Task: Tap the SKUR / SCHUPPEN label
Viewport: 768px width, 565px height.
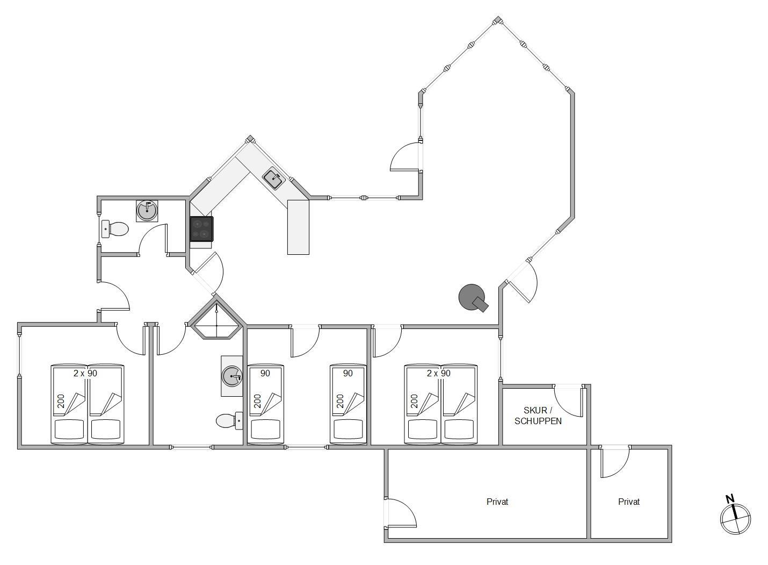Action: point(538,416)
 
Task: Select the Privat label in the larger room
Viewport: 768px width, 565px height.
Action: point(497,502)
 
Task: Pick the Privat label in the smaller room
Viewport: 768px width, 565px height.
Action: point(629,502)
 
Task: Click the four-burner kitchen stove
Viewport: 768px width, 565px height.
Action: point(201,229)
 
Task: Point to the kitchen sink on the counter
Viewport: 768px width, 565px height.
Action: point(273,178)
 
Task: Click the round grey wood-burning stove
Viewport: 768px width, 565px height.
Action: point(473,298)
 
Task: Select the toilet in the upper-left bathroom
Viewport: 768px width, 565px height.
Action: point(115,229)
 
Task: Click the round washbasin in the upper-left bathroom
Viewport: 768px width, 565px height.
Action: point(147,211)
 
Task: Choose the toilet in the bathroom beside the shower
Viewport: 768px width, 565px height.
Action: point(229,420)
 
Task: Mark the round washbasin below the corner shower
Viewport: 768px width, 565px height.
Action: point(232,376)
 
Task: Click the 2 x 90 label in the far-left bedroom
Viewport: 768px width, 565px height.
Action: point(85,373)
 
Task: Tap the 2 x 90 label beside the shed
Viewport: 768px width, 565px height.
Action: point(439,373)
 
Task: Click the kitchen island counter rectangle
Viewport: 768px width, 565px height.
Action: point(298,227)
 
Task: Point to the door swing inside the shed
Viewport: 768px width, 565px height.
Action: point(568,401)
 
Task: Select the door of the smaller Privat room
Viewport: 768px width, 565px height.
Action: point(615,462)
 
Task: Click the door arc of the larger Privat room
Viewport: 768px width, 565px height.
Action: point(401,513)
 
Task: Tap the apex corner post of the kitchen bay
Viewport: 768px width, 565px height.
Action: point(250,139)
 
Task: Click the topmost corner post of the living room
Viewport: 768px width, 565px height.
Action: point(497,20)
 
